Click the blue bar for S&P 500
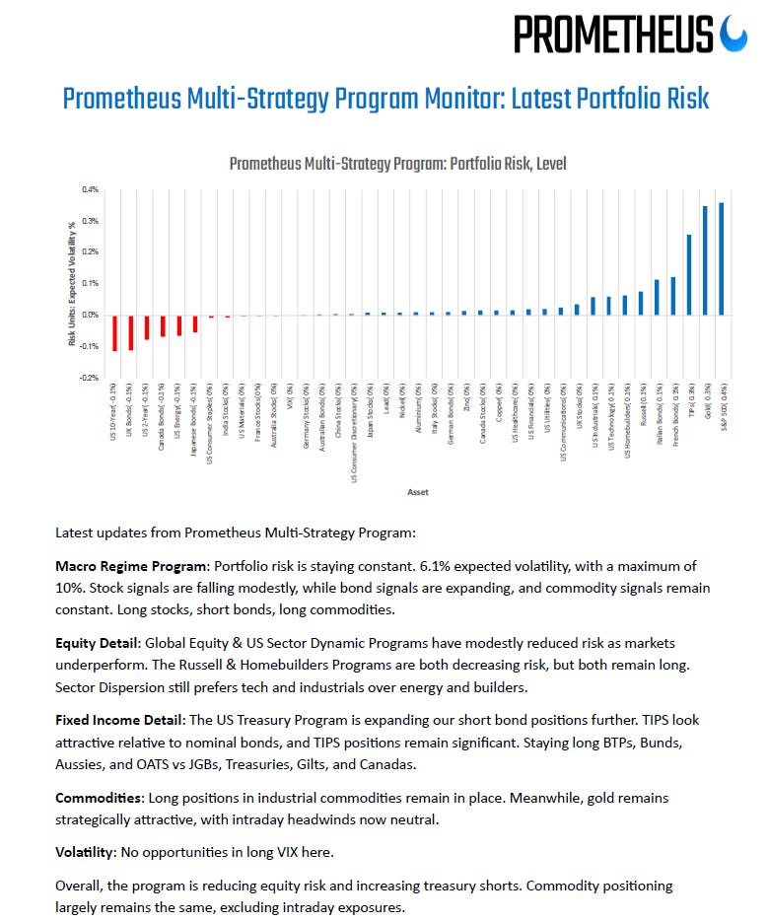(x=722, y=259)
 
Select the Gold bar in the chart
(x=705, y=261)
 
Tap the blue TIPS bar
(x=689, y=275)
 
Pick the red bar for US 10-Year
(x=115, y=333)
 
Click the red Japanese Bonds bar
(x=195, y=323)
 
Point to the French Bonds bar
(x=673, y=296)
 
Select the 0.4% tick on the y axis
(x=90, y=189)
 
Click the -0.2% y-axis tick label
(x=89, y=378)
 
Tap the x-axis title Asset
(x=417, y=491)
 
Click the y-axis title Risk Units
(x=72, y=282)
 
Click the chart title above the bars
(x=397, y=164)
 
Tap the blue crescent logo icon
(x=734, y=34)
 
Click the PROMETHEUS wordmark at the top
(x=613, y=35)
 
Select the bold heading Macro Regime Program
(x=132, y=566)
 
